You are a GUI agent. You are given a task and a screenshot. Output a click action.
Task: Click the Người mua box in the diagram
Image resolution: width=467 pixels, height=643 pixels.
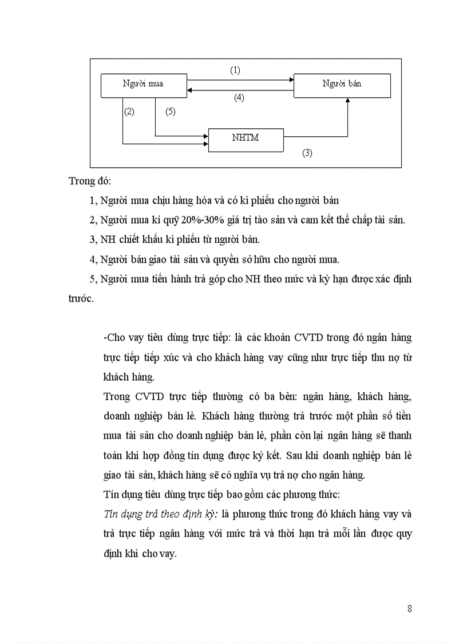[x=143, y=84]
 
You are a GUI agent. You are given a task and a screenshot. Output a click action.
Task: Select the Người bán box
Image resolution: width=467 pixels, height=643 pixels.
[x=342, y=84]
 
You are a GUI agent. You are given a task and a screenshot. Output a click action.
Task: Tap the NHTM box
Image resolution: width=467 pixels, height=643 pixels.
[x=246, y=139]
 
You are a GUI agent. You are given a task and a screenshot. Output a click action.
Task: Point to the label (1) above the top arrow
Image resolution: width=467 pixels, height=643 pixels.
[x=235, y=70]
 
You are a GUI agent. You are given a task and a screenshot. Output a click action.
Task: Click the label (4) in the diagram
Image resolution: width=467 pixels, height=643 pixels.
[x=239, y=97]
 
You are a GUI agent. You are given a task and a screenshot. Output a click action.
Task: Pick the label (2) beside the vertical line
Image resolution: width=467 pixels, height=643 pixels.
[x=129, y=112]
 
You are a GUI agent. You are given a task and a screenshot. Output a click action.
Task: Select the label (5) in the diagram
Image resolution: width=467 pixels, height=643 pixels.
[x=170, y=112]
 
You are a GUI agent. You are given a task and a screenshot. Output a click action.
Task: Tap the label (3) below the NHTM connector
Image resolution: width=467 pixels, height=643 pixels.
[x=307, y=153]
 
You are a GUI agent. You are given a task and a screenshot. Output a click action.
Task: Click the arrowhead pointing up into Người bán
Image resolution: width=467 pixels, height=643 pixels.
[x=347, y=101]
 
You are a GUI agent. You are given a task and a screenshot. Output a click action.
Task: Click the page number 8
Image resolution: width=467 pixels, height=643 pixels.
[x=410, y=608]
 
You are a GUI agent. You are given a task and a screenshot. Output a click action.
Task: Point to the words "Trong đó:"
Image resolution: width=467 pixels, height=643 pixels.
[x=90, y=182]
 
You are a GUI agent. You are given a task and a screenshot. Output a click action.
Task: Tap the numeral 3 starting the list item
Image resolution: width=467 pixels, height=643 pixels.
[x=93, y=239]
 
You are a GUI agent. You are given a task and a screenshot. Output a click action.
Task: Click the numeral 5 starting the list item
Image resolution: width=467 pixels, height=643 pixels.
[x=93, y=279]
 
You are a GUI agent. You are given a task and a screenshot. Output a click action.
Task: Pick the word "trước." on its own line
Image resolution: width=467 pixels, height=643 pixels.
[x=81, y=299]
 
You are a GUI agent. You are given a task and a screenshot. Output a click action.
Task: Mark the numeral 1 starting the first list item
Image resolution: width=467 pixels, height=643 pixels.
[x=93, y=200]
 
